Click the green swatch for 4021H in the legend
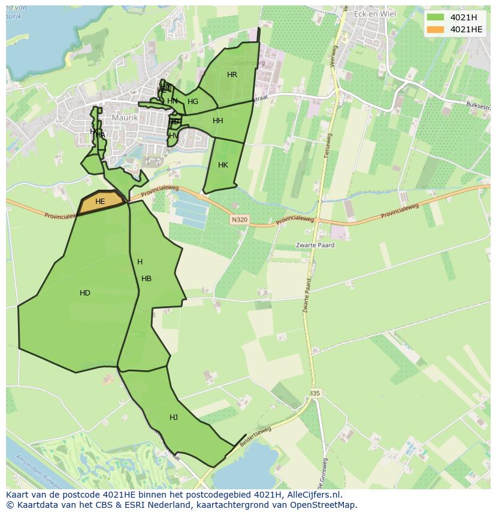click(x=436, y=17)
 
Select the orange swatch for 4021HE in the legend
click(x=436, y=30)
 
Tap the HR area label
click(x=232, y=75)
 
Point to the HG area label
click(x=192, y=102)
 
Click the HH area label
click(x=217, y=121)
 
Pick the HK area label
click(x=223, y=165)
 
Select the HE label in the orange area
click(x=100, y=202)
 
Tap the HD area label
click(x=85, y=293)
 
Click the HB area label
click(x=146, y=279)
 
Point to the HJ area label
click(x=173, y=418)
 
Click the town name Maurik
click(x=125, y=118)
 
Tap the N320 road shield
click(x=238, y=220)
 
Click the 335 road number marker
click(x=315, y=393)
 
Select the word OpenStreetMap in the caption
click(x=324, y=505)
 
